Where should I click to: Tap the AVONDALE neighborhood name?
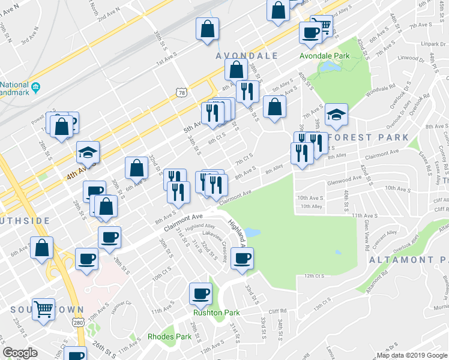point(247,56)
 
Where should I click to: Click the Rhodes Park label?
point(169,337)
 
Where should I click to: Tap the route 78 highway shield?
point(182,92)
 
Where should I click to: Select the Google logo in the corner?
point(20,353)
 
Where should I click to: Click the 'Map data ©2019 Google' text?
point(412,355)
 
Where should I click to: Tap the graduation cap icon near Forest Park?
point(336,114)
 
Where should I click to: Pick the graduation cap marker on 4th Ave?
point(88,152)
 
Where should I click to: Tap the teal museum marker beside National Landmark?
point(35,88)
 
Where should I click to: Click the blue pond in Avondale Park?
point(327,68)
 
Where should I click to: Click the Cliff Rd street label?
point(278,311)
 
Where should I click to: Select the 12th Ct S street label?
point(314,276)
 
